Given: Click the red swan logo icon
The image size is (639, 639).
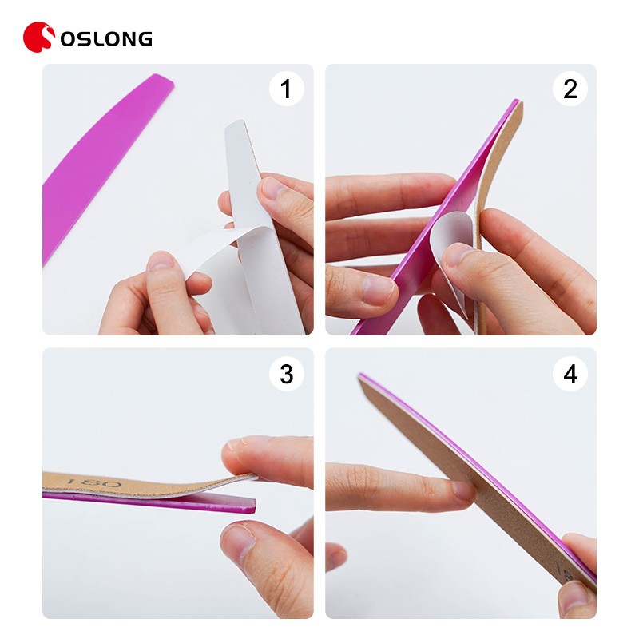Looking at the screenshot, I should tap(38, 37).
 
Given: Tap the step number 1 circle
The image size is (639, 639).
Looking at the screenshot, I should tap(286, 89).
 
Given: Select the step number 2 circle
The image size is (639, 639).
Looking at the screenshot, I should tap(570, 89).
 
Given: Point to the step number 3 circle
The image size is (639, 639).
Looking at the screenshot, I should tap(286, 373).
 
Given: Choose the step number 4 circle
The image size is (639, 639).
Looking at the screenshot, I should tap(570, 373).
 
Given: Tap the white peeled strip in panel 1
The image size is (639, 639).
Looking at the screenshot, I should tap(208, 248).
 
